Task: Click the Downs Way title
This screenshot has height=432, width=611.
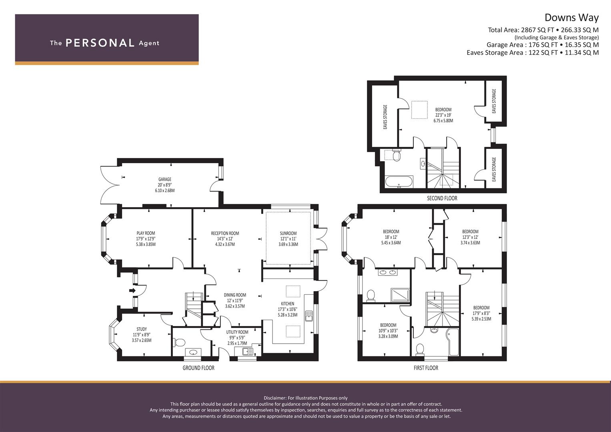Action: point(571,18)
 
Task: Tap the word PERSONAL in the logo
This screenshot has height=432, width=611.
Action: point(100,43)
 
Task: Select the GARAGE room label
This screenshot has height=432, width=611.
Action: point(164,180)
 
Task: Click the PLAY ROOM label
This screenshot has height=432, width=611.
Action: point(146,233)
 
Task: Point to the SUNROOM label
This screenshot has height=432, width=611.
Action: point(288,233)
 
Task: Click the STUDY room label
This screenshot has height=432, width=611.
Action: point(141,329)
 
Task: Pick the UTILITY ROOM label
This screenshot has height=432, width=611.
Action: point(237,332)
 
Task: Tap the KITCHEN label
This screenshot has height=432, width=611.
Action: point(287,304)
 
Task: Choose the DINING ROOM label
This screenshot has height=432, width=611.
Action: point(235,295)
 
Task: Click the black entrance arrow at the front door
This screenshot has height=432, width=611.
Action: point(132,290)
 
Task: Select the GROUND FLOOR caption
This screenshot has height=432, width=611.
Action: point(198,368)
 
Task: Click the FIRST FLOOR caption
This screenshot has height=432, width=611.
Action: point(426,368)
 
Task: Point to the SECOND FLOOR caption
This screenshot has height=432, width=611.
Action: point(442,198)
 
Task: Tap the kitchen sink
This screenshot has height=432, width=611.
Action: point(309,316)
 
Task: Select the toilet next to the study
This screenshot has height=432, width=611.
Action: point(180,342)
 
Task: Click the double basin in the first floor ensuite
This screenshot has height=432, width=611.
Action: point(387,273)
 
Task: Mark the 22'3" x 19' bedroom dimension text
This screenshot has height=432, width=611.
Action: point(443,115)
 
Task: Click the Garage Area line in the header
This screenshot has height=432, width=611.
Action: point(542,45)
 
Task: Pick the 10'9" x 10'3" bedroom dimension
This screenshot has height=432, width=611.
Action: point(388,331)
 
